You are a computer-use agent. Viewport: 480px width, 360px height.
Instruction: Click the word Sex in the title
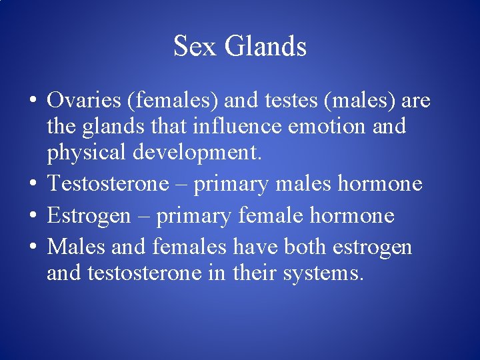[x=195, y=47]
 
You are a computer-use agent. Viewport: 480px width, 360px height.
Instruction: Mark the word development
[x=196, y=152]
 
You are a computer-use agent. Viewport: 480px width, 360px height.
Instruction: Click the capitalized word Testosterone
[x=108, y=183]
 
